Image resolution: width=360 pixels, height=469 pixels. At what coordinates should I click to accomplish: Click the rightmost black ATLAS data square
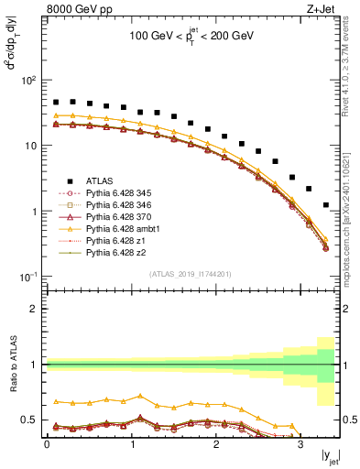pos(326,205)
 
